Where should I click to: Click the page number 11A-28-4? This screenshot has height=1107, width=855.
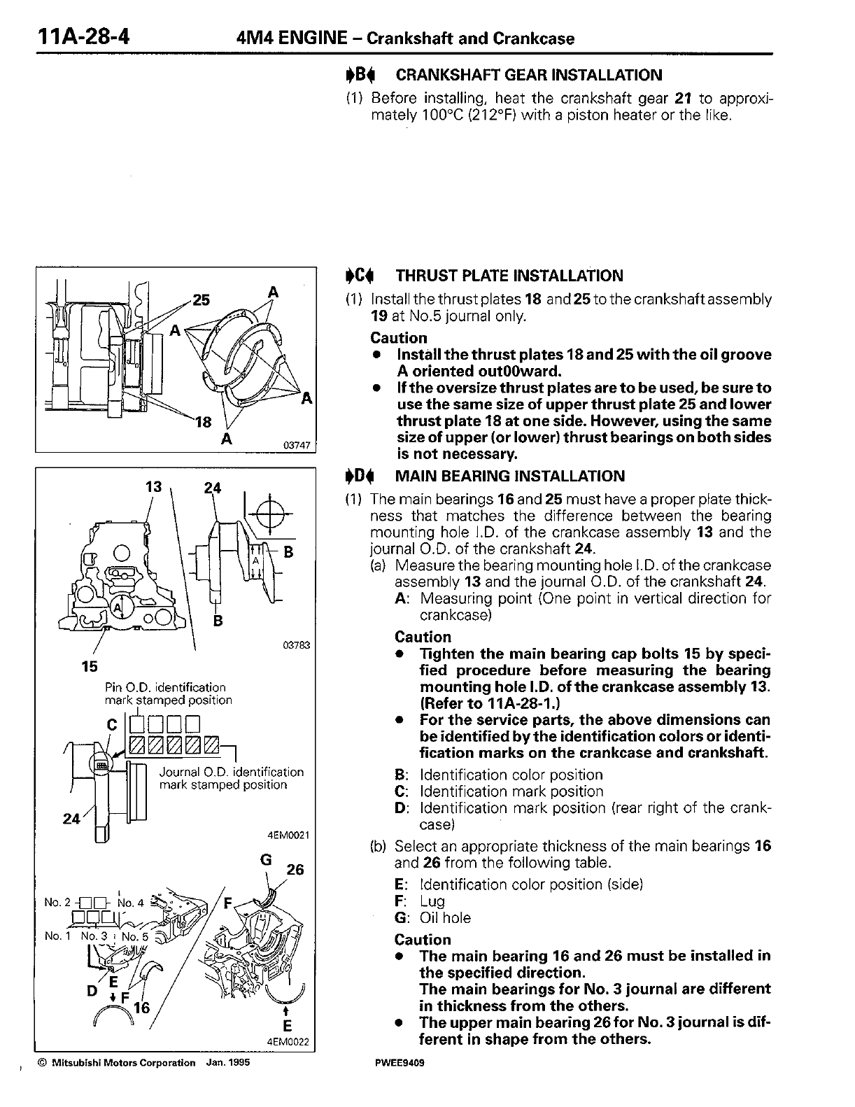(x=75, y=36)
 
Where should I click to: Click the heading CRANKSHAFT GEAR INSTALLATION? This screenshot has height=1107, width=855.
(x=528, y=75)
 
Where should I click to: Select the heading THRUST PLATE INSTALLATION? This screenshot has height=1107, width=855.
(x=509, y=276)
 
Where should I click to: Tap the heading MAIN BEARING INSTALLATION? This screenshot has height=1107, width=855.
(x=510, y=477)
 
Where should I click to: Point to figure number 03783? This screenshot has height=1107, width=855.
(x=297, y=646)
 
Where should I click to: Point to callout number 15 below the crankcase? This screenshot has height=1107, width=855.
(x=90, y=666)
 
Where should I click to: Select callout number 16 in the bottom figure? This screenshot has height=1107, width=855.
(x=142, y=1008)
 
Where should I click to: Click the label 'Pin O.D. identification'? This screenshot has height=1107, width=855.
(x=164, y=687)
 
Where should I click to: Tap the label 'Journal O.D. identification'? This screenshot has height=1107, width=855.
(x=232, y=773)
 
